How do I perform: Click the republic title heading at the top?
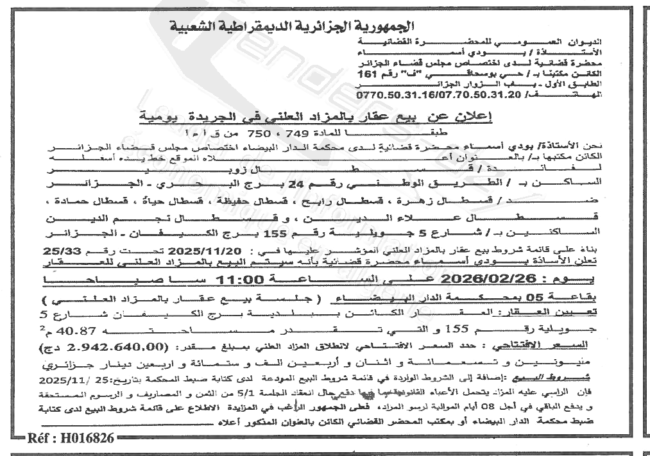click(x=294, y=27)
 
